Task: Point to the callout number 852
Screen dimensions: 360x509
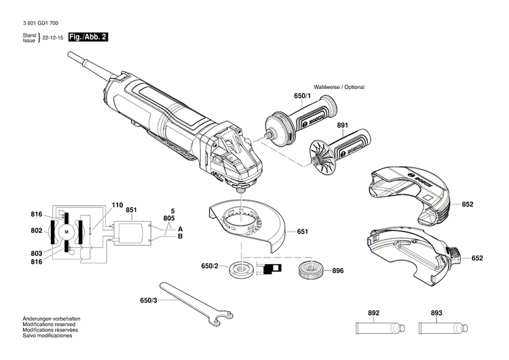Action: [x=468, y=204]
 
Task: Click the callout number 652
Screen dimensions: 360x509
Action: [x=477, y=258]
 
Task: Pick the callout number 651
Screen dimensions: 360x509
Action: [x=302, y=232]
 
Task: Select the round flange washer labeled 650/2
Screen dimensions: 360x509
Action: [x=241, y=269]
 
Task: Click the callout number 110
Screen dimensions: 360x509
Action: [x=117, y=204]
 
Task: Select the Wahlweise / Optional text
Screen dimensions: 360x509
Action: [x=339, y=88]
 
